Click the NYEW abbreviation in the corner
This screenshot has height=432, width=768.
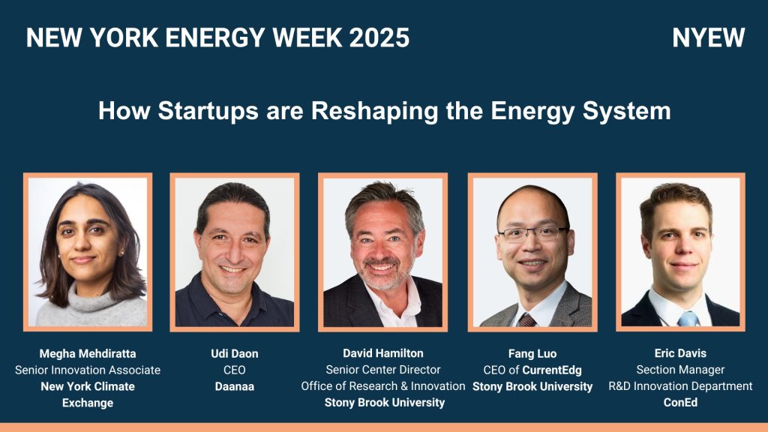pos(708,37)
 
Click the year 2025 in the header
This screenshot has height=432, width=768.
pos(379,37)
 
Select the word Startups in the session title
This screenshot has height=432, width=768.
pos(208,111)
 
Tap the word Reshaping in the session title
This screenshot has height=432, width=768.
pos(374,111)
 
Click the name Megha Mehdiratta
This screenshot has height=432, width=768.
pos(88,354)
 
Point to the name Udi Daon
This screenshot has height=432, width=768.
pos(235,354)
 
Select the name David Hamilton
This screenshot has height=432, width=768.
pos(383,353)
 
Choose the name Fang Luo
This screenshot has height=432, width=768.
pos(532,354)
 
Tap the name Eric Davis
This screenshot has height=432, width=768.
pos(680,353)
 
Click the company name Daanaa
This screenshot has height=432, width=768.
pos(235,386)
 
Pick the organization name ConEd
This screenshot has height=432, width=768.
pos(680,403)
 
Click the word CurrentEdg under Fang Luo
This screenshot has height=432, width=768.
pos(552,370)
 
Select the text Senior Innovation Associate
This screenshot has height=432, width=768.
pos(88,370)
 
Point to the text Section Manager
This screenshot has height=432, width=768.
pos(680,370)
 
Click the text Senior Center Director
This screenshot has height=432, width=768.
pos(383,370)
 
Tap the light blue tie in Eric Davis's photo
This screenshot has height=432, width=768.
pos(688,319)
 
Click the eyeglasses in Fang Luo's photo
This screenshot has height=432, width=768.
pos(533,234)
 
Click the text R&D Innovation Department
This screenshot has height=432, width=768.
pos(680,386)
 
